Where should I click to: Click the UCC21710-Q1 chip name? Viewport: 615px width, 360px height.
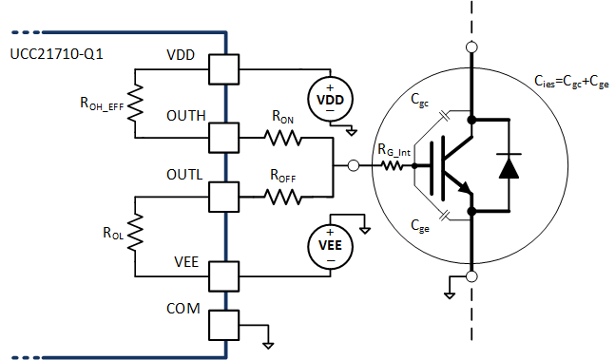tap(56, 55)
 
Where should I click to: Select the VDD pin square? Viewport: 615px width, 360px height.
tap(225, 69)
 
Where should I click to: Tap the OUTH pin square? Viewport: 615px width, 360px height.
tap(225, 138)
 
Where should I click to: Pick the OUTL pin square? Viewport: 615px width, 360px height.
tap(225, 198)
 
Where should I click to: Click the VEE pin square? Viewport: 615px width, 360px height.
tap(225, 275)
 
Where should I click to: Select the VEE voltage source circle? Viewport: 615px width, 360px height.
tap(329, 245)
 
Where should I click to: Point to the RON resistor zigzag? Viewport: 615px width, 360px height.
tap(283, 138)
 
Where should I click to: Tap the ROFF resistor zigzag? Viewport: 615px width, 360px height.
tap(283, 198)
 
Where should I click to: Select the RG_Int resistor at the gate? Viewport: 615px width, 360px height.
tap(390, 166)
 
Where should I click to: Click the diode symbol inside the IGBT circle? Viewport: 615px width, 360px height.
tap(509, 166)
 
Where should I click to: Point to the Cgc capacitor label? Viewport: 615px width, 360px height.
tap(419, 97)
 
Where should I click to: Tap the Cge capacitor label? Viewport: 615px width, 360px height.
tap(419, 225)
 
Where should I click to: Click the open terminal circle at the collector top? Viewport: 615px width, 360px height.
tap(471, 47)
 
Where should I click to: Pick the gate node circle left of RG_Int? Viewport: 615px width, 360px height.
tap(354, 166)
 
